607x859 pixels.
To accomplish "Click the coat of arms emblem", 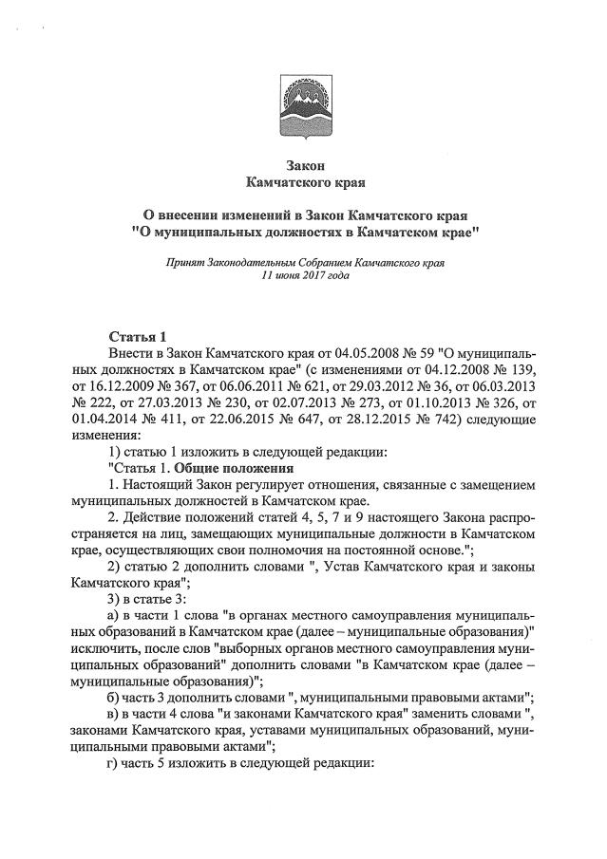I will [304, 104].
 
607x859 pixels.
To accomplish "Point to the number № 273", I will [368, 403].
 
